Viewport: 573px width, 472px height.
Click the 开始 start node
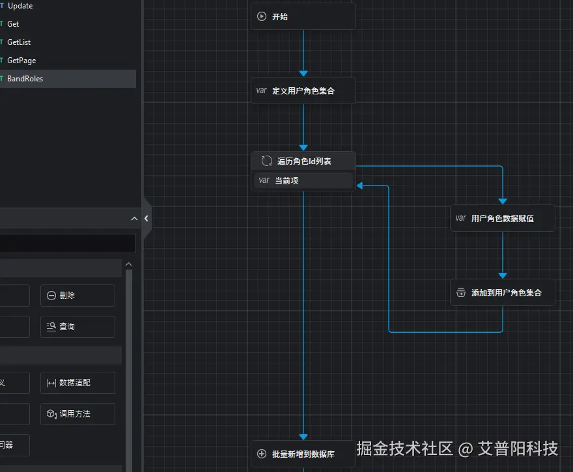click(303, 17)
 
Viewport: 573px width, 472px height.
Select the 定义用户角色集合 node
click(303, 90)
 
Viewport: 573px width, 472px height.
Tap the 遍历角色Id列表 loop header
click(303, 161)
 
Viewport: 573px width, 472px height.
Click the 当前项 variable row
click(303, 180)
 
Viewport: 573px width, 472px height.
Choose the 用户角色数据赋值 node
click(502, 218)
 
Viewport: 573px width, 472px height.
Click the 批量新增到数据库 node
click(303, 454)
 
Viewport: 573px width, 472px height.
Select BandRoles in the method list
click(25, 79)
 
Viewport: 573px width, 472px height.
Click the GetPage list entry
click(21, 61)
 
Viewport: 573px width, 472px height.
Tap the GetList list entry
click(19, 42)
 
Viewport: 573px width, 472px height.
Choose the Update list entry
click(20, 6)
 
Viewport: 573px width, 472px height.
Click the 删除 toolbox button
click(77, 296)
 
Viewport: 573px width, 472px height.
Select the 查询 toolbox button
click(77, 327)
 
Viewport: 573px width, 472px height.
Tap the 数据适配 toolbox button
click(77, 383)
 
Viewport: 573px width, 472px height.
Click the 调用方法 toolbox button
click(77, 414)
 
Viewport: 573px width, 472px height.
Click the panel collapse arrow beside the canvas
click(147, 219)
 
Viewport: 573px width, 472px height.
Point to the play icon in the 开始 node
click(262, 17)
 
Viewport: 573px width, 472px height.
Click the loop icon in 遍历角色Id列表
click(266, 161)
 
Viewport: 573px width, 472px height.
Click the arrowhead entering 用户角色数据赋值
click(502, 201)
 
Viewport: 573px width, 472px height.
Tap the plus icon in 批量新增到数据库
click(262, 454)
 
